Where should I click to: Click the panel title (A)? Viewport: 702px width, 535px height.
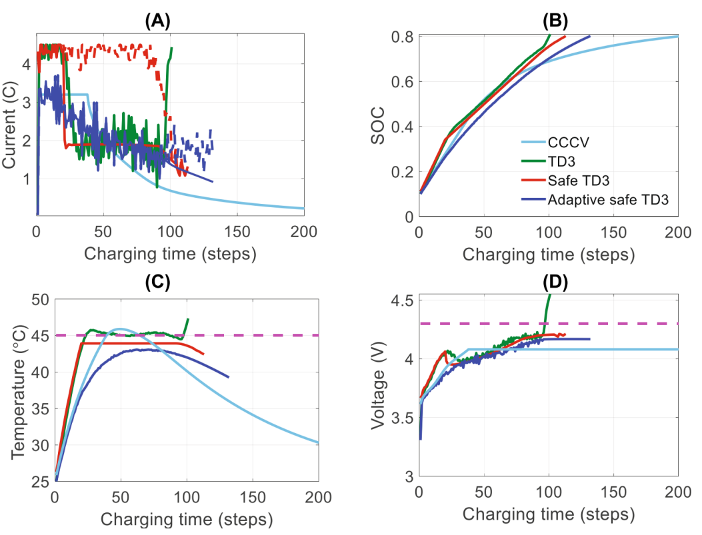point(158,21)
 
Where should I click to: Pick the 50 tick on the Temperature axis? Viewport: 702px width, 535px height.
point(39,299)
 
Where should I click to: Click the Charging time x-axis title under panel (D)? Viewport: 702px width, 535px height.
point(548,514)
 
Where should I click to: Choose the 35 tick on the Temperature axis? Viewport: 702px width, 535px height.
point(39,408)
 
